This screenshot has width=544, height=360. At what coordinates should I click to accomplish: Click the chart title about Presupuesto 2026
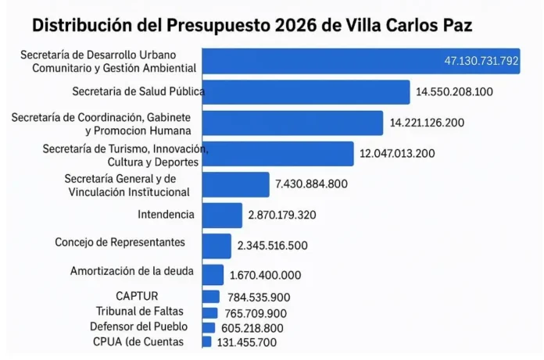click(252, 24)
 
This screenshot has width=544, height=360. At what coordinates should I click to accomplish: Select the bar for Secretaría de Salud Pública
click(306, 91)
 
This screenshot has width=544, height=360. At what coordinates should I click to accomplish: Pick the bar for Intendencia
click(222, 215)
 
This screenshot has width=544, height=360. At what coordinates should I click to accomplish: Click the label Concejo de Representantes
click(120, 242)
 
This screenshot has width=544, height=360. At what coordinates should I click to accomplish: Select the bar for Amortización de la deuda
click(213, 274)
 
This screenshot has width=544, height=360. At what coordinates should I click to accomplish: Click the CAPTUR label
click(137, 296)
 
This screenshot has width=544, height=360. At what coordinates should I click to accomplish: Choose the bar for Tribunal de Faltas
click(209, 312)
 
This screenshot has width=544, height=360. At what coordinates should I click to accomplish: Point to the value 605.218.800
click(251, 328)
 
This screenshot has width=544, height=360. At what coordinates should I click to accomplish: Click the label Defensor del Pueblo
click(138, 326)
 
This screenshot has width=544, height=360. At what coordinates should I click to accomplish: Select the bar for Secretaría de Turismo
click(277, 153)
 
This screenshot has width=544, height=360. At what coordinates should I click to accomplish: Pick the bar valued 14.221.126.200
click(292, 123)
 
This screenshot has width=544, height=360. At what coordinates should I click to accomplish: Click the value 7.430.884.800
click(311, 184)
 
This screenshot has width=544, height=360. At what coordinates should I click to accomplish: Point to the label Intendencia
click(166, 214)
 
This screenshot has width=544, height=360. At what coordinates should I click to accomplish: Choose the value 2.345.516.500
click(272, 245)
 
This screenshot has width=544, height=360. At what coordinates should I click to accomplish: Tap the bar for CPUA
click(206, 342)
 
